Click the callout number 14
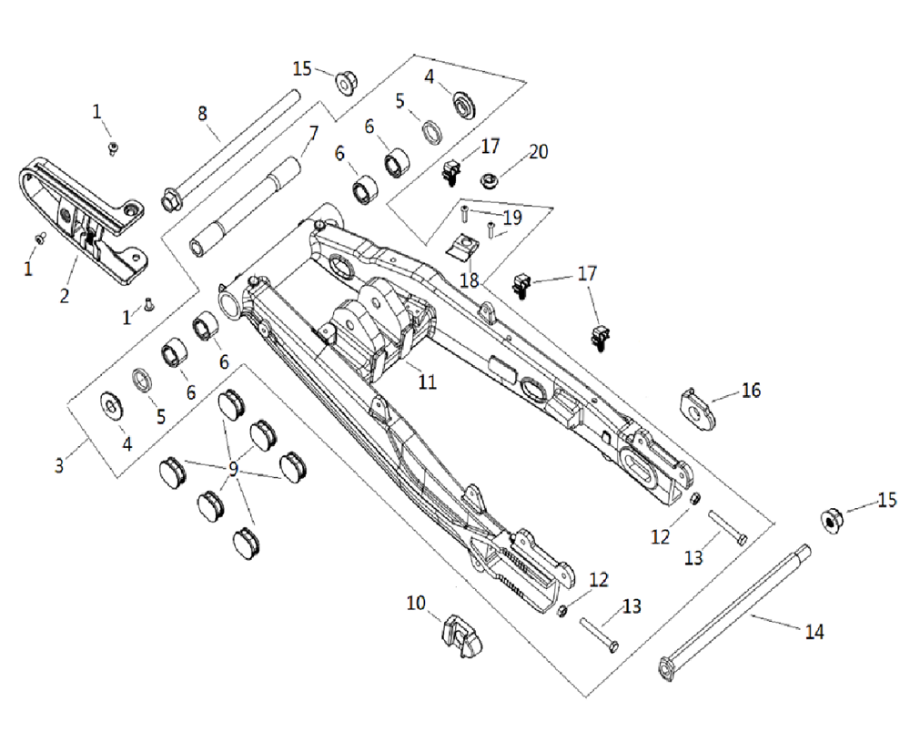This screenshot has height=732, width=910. tap(814, 631)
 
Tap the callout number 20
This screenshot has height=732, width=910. tap(539, 151)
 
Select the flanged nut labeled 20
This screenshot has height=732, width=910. tap(491, 180)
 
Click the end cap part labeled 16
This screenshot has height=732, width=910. tap(697, 410)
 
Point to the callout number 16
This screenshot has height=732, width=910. tap(751, 390)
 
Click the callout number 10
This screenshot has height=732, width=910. tap(416, 603)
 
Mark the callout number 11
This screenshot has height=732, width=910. tap(427, 382)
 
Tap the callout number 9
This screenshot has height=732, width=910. tap(233, 469)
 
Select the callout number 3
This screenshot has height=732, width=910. tap(59, 465)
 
